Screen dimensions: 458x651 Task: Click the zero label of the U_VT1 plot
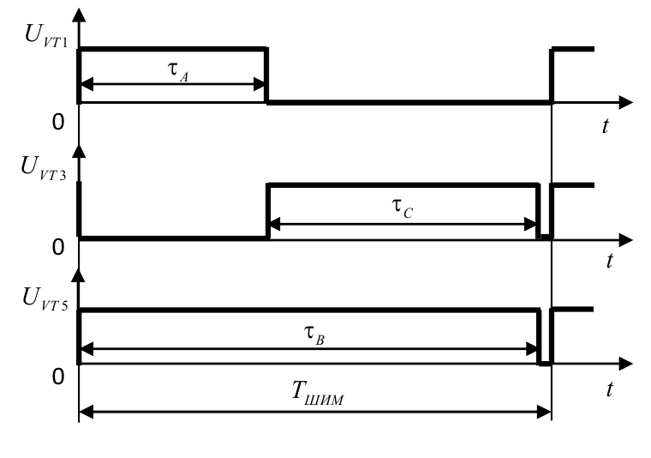tap(58, 123)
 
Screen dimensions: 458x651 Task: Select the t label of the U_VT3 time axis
tap(608, 262)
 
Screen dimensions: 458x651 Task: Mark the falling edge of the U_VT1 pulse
tap(267, 75)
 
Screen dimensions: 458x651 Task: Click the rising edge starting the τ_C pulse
tap(268, 211)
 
